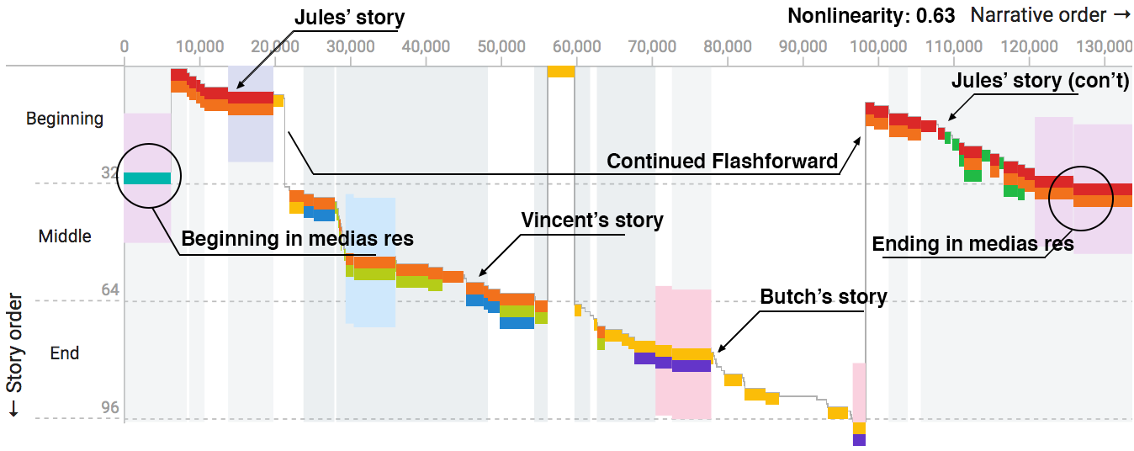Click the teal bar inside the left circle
click(147, 178)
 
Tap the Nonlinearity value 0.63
click(935, 16)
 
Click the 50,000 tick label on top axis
click(501, 46)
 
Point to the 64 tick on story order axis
click(110, 289)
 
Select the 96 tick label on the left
click(110, 407)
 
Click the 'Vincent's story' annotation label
click(591, 220)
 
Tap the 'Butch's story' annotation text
click(824, 297)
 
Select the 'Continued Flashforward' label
click(722, 161)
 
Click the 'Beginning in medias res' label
click(297, 238)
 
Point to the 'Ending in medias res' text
click(972, 243)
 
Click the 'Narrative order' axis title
click(1050, 15)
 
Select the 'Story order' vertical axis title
click(14, 355)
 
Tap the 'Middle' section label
click(65, 236)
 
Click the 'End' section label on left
click(64, 353)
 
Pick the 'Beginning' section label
click(65, 119)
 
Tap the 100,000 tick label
click(878, 46)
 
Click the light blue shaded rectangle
click(370, 261)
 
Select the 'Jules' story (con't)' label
click(1040, 81)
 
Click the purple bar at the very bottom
click(859, 440)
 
